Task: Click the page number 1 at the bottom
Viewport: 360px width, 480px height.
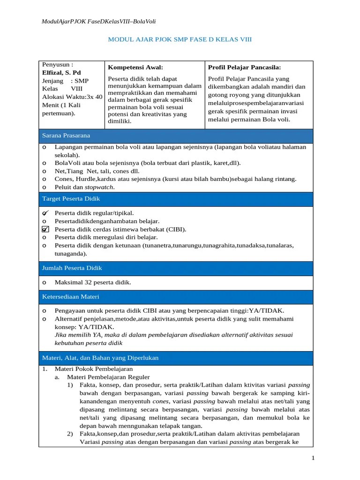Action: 313,457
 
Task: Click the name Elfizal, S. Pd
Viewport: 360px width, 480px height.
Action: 61,73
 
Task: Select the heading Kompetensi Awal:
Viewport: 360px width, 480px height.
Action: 135,67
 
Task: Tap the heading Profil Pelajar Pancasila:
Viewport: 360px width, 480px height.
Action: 244,67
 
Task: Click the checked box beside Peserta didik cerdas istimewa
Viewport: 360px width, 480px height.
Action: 45,229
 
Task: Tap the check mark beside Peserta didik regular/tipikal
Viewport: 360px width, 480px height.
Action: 45,213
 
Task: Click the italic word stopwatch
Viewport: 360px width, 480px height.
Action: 99,187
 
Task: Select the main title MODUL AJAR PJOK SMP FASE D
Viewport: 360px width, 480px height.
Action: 180,39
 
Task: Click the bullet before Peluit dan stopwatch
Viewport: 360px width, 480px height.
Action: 44,187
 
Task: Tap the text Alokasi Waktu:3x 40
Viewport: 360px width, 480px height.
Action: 72,97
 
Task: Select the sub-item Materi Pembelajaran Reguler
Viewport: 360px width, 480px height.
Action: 108,377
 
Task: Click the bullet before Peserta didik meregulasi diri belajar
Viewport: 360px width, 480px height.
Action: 44,237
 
